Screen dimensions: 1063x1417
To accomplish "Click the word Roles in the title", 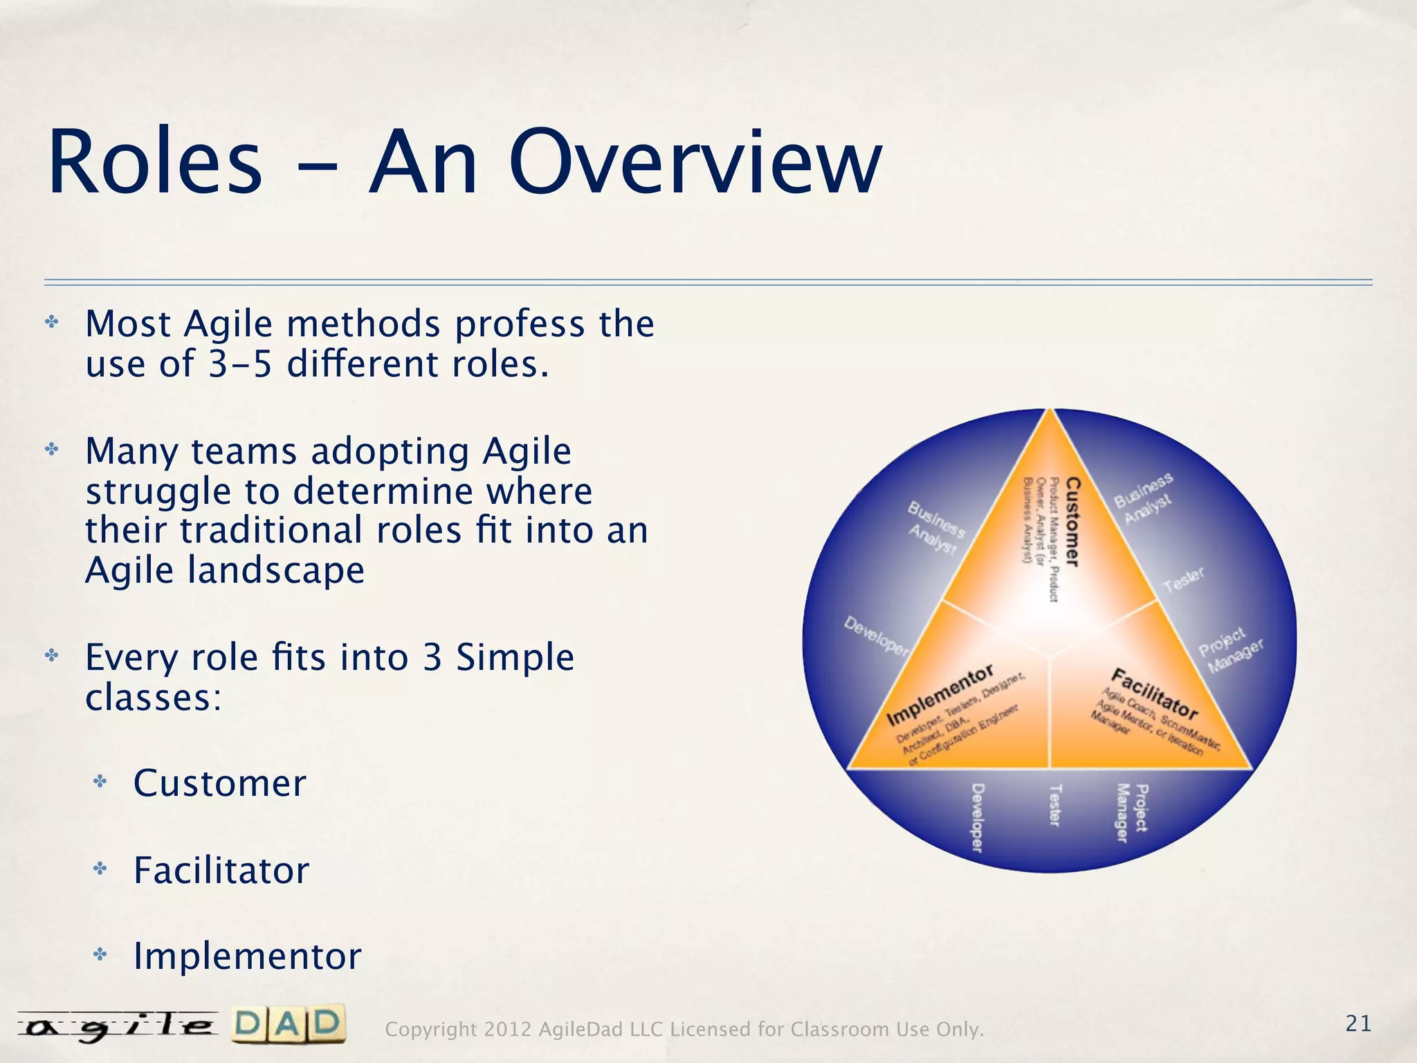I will [155, 163].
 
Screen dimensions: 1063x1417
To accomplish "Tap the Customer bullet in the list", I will [219, 784].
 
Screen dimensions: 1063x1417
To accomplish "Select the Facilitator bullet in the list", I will [221, 871].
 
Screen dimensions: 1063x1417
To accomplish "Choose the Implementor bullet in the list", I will [247, 957].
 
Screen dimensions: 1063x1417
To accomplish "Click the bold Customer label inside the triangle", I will [1072, 522].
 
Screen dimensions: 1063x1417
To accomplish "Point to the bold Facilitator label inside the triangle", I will [1153, 693].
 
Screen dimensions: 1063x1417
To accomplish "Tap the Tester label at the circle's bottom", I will [1054, 805].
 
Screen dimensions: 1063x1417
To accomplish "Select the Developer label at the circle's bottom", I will [977, 817].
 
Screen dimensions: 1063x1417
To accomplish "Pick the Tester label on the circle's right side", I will [1184, 580].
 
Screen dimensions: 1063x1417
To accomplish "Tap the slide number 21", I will [1358, 1024].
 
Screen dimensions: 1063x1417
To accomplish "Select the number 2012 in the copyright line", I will [508, 1030].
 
